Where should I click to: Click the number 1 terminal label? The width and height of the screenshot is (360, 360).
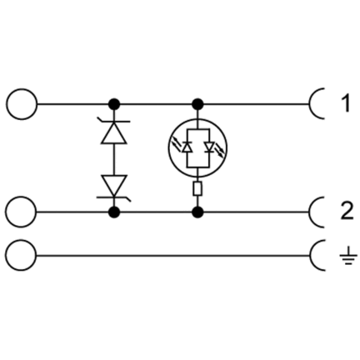(345, 103)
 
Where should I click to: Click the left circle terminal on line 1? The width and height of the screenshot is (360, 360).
(22, 104)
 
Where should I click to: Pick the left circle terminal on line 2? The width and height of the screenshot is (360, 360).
(22, 212)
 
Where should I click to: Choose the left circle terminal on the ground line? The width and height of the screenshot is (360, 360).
(22, 255)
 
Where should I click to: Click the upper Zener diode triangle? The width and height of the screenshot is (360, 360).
(114, 133)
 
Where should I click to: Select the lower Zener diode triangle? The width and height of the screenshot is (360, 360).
(114, 186)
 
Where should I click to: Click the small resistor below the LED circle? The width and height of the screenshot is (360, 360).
(197, 189)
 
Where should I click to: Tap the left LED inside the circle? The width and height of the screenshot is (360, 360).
(187, 147)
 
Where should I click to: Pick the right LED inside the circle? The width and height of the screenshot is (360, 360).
(208, 147)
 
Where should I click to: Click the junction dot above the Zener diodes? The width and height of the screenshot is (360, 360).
(114, 104)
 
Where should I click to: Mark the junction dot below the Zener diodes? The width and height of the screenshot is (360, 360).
(114, 212)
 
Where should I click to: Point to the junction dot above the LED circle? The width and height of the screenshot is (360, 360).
(197, 104)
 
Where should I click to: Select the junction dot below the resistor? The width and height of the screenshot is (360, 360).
(197, 212)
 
